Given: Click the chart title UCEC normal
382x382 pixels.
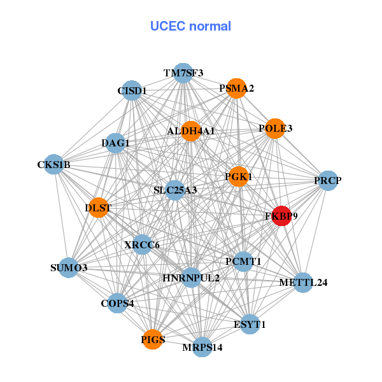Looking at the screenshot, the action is point(190,26).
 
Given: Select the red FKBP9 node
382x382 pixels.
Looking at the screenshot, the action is point(281,216).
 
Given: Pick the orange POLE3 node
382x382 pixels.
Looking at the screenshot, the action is point(274,129).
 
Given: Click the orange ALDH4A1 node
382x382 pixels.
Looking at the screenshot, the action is point(191,131).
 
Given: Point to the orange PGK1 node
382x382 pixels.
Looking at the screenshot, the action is point(237,176).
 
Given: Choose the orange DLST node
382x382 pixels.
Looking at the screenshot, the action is point(99,208).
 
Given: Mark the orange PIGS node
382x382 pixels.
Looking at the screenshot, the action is point(152,339).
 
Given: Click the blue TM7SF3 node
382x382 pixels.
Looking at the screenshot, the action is point(183,73).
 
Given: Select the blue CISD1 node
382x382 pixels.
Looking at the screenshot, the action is point(131,90).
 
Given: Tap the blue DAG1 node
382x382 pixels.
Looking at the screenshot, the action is point(115,143).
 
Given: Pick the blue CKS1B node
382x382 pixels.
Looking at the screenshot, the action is point(54,165).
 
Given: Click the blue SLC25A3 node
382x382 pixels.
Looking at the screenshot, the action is point(176,190).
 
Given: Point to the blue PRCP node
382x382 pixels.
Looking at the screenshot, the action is point(327,181).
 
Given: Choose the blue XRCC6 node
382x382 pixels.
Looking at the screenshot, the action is point(142,244).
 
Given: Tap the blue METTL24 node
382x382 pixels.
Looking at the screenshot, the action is point(303,282).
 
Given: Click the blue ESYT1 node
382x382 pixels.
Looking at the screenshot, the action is point(250,324).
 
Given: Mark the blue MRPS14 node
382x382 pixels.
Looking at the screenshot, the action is point(202,347).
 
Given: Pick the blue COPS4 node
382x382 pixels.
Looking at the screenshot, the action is point(117,302).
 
